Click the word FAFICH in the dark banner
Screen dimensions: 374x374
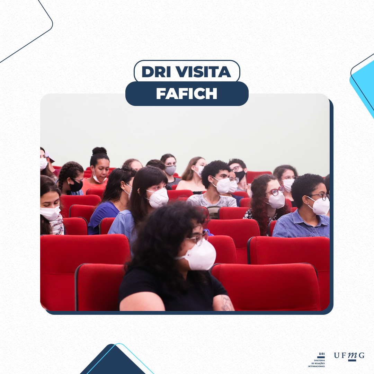(x=187, y=93)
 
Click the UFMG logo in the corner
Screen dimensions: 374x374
(x=349, y=356)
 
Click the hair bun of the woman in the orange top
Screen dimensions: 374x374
(x=99, y=151)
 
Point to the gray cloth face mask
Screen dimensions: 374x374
(x=170, y=170)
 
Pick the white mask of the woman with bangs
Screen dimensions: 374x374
(x=158, y=197)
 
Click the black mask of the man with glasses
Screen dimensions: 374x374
(x=240, y=176)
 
